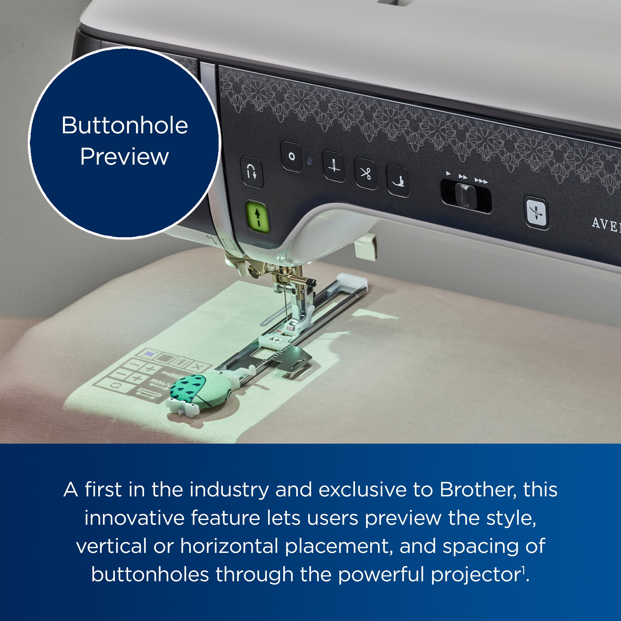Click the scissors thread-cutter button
coord(366,174)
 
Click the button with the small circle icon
coord(291,156)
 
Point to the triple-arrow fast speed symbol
coord(481,181)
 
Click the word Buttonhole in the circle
coord(125,125)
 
